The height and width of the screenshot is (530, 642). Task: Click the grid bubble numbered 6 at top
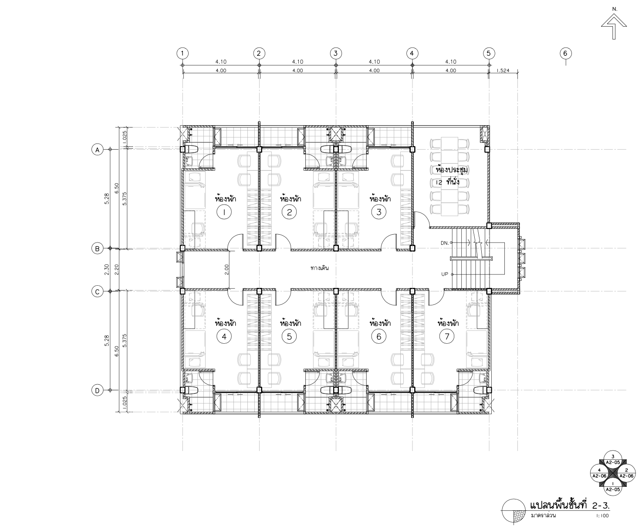pyautogui.click(x=565, y=53)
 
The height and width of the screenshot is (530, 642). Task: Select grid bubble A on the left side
pyautogui.click(x=98, y=150)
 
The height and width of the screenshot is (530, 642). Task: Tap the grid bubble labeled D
pyautogui.click(x=98, y=390)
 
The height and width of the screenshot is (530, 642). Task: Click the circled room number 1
pyautogui.click(x=224, y=212)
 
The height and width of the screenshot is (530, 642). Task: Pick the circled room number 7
pyautogui.click(x=447, y=337)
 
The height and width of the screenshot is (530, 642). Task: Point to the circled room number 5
pyautogui.click(x=289, y=337)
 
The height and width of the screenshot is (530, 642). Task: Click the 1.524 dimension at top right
pyautogui.click(x=503, y=71)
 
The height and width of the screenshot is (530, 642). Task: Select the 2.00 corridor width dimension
pyautogui.click(x=226, y=270)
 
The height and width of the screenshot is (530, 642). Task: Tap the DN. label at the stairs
pyautogui.click(x=445, y=243)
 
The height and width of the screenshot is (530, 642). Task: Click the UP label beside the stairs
pyautogui.click(x=445, y=274)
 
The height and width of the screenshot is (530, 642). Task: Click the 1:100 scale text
pyautogui.click(x=602, y=516)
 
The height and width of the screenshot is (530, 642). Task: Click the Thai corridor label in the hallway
pyautogui.click(x=320, y=268)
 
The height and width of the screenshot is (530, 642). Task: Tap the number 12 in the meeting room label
pyautogui.click(x=439, y=182)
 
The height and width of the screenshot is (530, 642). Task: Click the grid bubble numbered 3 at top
pyautogui.click(x=335, y=53)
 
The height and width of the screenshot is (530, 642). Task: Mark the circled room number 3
pyautogui.click(x=378, y=212)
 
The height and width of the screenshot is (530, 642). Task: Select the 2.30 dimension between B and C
pyautogui.click(x=107, y=270)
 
